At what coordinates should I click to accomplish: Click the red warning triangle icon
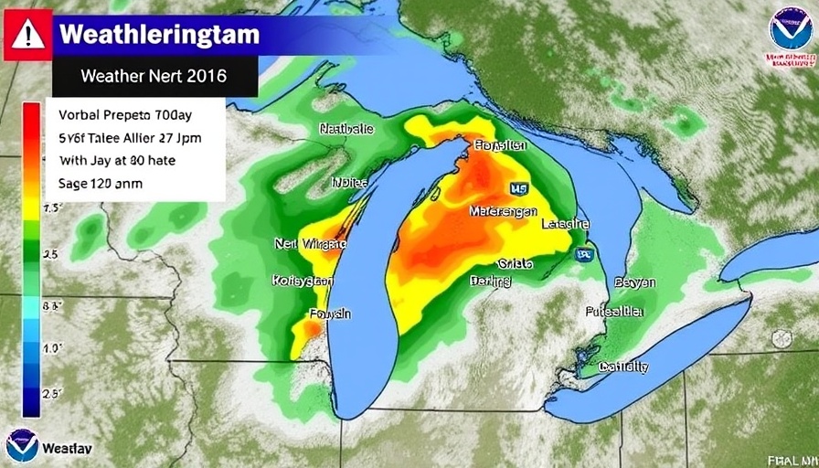click(27, 35)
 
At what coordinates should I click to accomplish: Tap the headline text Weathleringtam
click(159, 36)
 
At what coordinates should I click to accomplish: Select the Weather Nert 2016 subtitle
click(154, 77)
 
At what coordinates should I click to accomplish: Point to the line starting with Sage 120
click(101, 183)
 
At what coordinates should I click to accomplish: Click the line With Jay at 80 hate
click(117, 160)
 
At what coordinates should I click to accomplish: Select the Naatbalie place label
click(347, 130)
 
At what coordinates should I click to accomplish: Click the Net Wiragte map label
click(310, 244)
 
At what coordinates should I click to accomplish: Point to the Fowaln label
click(330, 314)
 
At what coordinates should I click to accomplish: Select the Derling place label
click(490, 282)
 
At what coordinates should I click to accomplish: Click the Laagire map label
click(565, 224)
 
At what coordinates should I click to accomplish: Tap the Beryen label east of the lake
click(634, 282)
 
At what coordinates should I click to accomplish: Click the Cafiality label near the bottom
click(623, 367)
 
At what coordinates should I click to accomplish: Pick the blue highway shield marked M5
click(518, 188)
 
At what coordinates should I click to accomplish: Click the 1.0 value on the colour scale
click(51, 348)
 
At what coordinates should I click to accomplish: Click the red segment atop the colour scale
click(31, 123)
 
